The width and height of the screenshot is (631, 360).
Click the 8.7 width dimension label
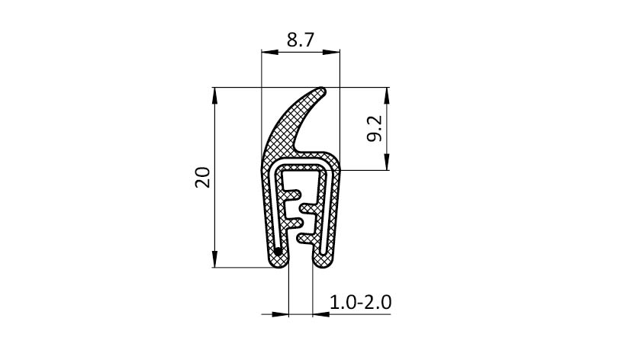click(300, 40)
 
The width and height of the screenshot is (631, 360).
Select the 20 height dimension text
click(203, 178)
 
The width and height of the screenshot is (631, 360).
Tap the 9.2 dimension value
click(375, 129)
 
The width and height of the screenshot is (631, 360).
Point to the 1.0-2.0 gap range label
click(360, 302)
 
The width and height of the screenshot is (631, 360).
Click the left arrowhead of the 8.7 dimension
click(269, 52)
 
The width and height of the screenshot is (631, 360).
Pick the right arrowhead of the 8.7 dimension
click(332, 52)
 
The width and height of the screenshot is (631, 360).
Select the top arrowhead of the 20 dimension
click(214, 96)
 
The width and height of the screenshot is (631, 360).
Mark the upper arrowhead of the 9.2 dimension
click(387, 96)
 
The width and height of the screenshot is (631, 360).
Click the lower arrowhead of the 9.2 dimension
click(387, 162)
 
